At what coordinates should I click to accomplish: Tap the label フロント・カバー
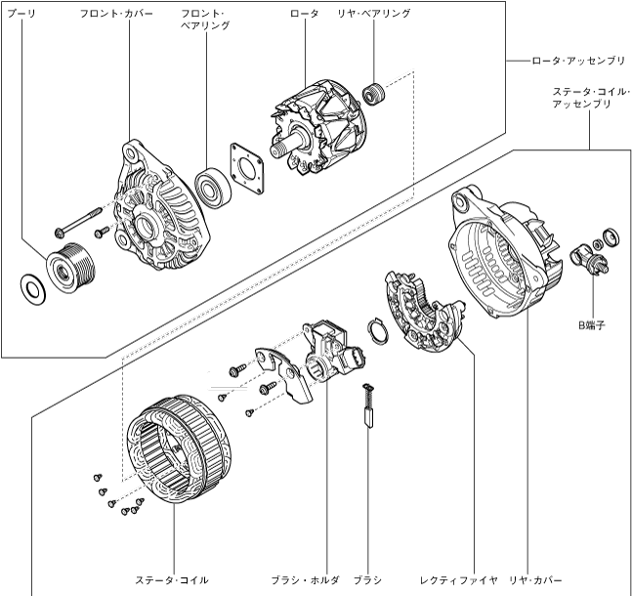(x=116, y=15)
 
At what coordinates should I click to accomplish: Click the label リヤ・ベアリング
(x=374, y=15)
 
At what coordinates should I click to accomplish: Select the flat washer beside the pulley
(x=31, y=287)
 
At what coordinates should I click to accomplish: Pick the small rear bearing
(x=370, y=96)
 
